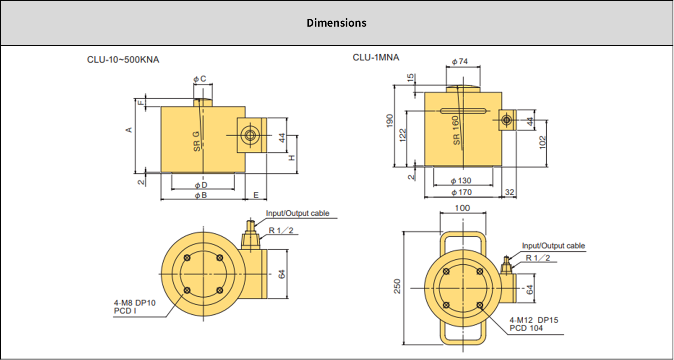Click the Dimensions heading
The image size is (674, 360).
pos(336,23)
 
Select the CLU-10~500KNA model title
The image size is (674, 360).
pos(123,60)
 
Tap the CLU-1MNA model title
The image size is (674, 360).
pos(376,58)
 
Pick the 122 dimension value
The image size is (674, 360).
pos(403,135)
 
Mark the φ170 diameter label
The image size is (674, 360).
pos(461,192)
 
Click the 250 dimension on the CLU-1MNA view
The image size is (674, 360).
pos(397,286)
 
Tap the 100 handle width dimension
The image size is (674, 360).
pos(462,208)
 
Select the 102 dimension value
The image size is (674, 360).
pos(543,142)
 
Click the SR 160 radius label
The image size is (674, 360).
pos(456,130)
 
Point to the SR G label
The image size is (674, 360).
pos(196,141)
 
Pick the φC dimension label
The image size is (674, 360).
pos(200,79)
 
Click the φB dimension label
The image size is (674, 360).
pos(201,195)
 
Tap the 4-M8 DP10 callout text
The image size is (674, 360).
pos(135,303)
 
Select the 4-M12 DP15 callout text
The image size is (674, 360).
pos(534,320)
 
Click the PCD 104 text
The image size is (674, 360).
pos(526,328)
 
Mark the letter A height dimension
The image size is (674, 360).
pos(129,130)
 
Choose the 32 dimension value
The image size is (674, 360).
pos(509,192)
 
